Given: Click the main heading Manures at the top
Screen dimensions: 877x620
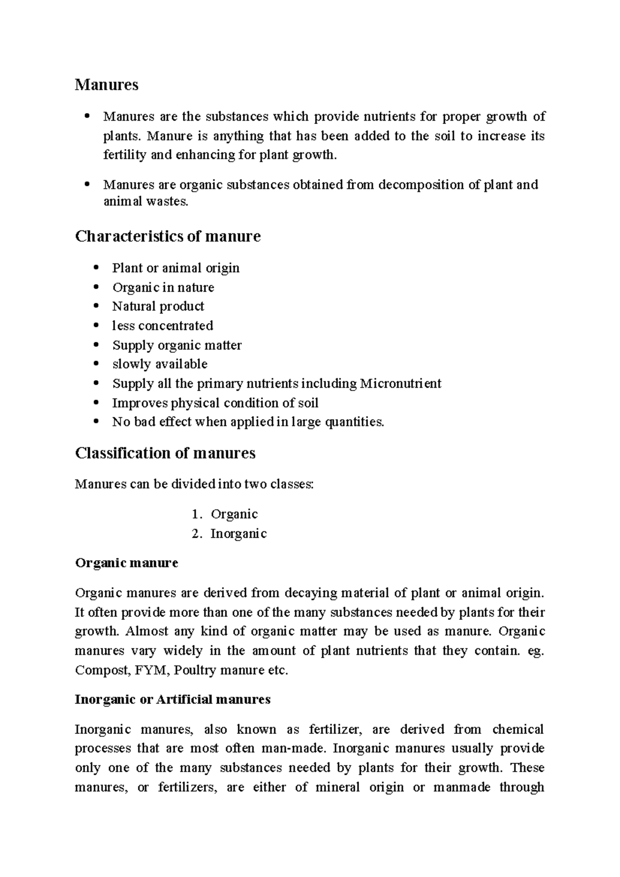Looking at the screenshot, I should click(x=106, y=85).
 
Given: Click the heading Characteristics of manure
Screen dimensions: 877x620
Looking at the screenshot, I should click(x=167, y=237).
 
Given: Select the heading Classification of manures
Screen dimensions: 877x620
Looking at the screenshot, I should click(x=165, y=453).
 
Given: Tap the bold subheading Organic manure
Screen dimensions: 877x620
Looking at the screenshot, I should click(x=127, y=562).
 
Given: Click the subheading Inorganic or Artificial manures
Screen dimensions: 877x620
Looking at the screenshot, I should click(x=173, y=699).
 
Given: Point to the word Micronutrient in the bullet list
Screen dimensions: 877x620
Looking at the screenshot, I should click(x=400, y=384).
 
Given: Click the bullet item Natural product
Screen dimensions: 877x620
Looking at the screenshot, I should click(x=158, y=306).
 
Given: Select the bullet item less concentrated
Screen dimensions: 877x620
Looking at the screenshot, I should click(x=162, y=326).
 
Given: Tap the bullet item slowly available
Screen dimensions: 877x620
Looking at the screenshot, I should click(x=160, y=364).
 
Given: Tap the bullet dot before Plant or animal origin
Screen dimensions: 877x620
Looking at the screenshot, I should click(x=96, y=268).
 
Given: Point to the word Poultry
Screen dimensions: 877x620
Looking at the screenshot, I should click(x=195, y=670).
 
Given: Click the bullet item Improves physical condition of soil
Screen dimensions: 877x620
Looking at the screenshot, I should click(x=215, y=403).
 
